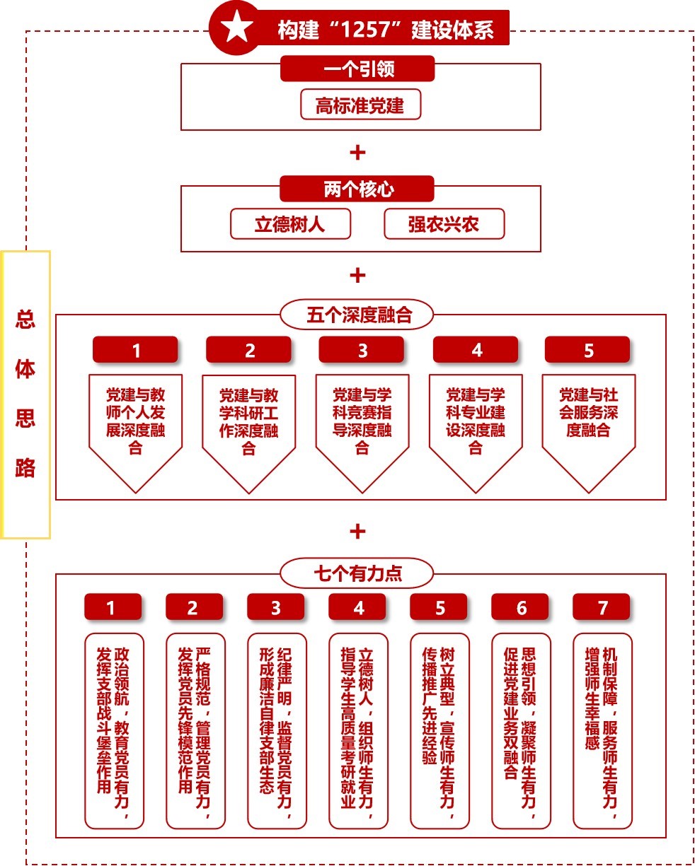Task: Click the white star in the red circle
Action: click(237, 28)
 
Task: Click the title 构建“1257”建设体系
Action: click(385, 30)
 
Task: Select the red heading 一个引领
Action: click(358, 69)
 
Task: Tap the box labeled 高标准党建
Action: click(360, 105)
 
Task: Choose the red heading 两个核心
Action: click(358, 189)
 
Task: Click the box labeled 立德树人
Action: click(290, 224)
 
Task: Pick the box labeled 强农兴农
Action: click(444, 224)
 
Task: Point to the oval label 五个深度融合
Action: click(358, 315)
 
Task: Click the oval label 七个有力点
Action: click(357, 574)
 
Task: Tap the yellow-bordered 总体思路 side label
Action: click(25, 394)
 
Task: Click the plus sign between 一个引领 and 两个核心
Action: click(358, 152)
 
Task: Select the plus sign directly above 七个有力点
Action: click(358, 532)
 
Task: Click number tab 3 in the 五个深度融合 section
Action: click(362, 351)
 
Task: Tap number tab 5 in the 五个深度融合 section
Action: click(588, 351)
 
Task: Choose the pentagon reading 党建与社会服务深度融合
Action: click(588, 424)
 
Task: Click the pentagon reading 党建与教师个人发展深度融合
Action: click(135, 424)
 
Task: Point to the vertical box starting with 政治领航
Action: click(114, 730)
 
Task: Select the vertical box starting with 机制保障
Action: click(602, 730)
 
